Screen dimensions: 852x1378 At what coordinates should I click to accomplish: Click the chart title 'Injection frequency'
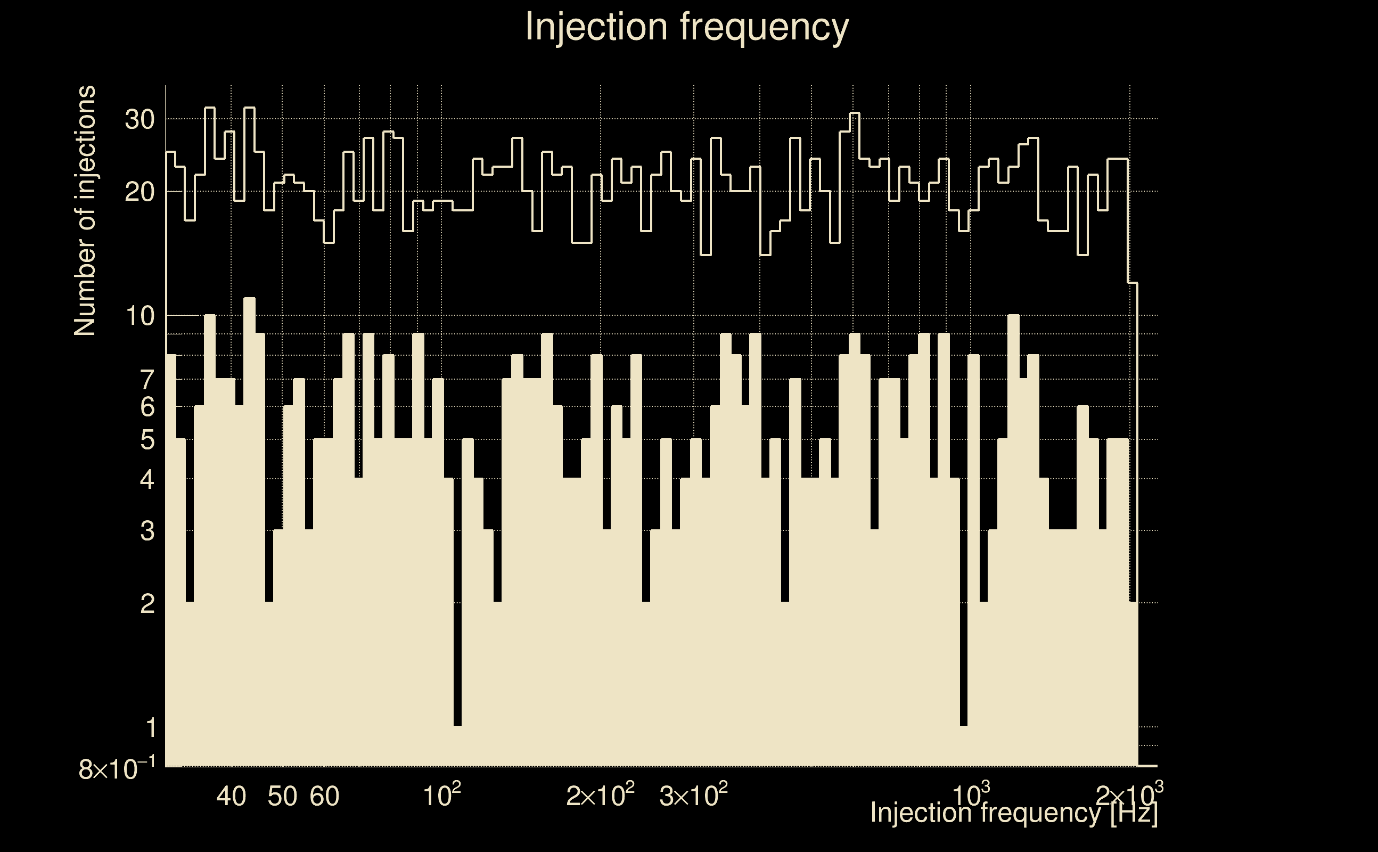click(x=686, y=27)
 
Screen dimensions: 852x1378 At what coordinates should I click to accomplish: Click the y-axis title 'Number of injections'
click(x=85, y=211)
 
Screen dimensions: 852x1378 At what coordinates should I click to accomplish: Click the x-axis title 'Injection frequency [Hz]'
click(x=1013, y=813)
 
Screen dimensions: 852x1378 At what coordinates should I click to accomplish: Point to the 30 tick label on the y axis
click(x=140, y=119)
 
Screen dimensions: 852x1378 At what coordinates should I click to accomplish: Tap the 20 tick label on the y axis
click(x=140, y=193)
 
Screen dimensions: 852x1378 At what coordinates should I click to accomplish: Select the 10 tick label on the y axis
click(x=140, y=316)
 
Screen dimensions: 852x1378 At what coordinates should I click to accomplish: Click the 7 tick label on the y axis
click(x=147, y=380)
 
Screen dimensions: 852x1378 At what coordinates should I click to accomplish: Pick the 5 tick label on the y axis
click(x=147, y=439)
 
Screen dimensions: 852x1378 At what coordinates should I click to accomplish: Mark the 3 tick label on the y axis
click(x=147, y=531)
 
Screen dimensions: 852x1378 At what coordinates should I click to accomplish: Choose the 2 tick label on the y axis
click(x=147, y=604)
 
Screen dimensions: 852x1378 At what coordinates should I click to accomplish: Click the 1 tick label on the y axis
click(x=151, y=727)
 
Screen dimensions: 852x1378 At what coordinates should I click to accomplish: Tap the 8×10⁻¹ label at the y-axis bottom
click(x=117, y=769)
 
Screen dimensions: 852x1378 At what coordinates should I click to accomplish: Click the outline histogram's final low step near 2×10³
click(x=1133, y=283)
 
